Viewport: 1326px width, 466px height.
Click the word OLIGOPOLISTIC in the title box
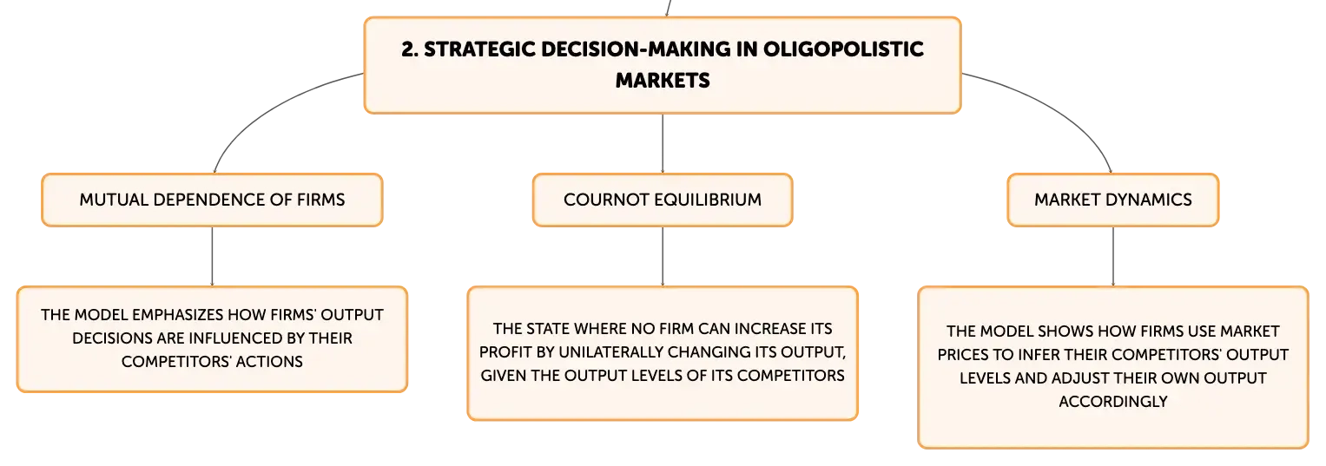(x=843, y=49)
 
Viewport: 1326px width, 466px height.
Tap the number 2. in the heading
(x=410, y=49)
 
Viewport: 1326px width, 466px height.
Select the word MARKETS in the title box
(x=663, y=81)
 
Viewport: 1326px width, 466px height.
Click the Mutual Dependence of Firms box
(x=212, y=200)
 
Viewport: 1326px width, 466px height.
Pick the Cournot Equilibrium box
(x=663, y=200)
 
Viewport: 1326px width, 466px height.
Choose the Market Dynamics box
(x=1113, y=200)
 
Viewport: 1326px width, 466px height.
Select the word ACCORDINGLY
(x=1113, y=402)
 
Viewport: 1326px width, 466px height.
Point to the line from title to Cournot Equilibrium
(x=663, y=143)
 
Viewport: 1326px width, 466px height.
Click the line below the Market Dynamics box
(x=1113, y=257)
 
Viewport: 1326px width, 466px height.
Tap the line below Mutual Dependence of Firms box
(x=212, y=257)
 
